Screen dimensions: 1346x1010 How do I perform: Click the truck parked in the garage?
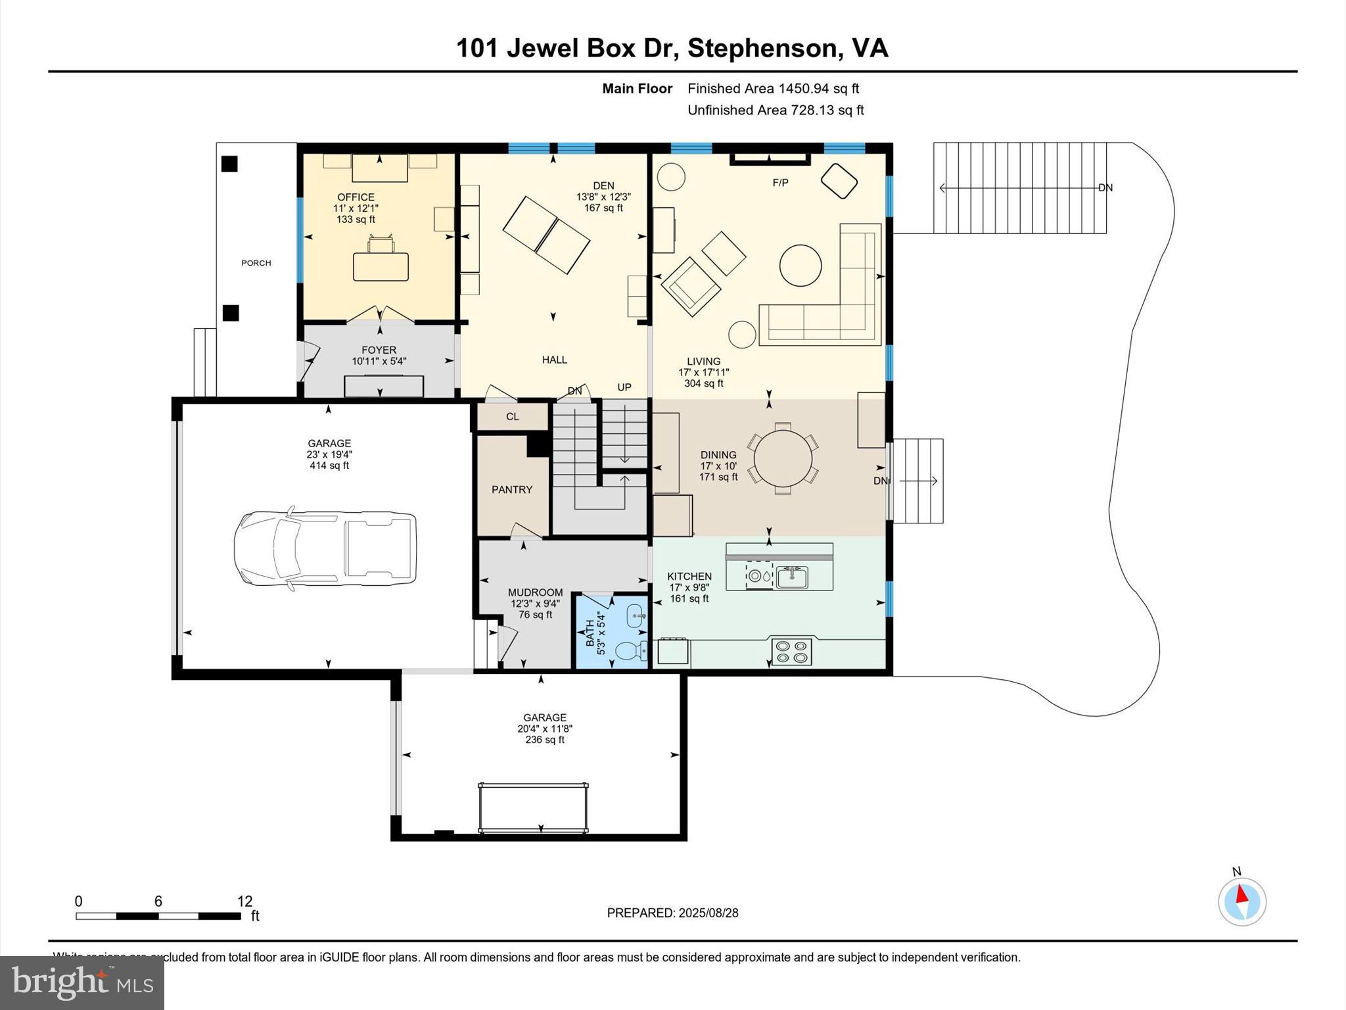pyautogui.click(x=325, y=547)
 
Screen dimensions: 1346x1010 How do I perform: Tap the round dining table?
pyautogui.click(x=783, y=458)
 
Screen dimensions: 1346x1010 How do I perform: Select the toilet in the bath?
pyautogui.click(x=632, y=651)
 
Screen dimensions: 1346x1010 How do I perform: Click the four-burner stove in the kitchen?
pyautogui.click(x=791, y=652)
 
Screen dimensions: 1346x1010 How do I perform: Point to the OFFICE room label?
pyautogui.click(x=356, y=197)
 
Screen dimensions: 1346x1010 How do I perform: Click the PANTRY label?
pyautogui.click(x=512, y=490)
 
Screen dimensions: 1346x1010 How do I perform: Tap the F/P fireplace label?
pyautogui.click(x=780, y=183)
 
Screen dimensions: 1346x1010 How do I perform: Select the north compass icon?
pyautogui.click(x=1242, y=900)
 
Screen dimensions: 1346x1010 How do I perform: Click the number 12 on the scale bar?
pyautogui.click(x=244, y=902)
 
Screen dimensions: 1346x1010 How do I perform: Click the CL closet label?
pyautogui.click(x=513, y=417)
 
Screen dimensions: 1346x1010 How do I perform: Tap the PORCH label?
pyautogui.click(x=256, y=263)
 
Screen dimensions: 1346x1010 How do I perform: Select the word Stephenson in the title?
pyautogui.click(x=763, y=48)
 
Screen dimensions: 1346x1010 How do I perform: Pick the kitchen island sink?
pyautogui.click(x=792, y=577)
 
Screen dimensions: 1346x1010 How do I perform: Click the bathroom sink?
pyautogui.click(x=636, y=616)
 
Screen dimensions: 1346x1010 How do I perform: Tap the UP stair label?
pyautogui.click(x=624, y=387)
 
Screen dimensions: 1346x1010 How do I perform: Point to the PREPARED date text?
pyautogui.click(x=672, y=913)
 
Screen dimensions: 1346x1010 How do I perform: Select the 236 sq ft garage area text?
pyautogui.click(x=545, y=740)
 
